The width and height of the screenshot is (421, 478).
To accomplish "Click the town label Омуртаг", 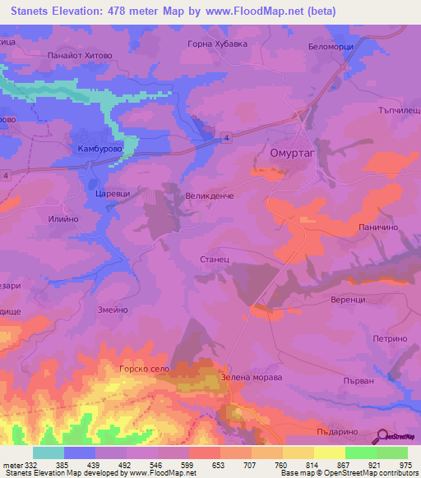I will point(293,153).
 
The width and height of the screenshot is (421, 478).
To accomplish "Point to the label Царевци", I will point(113,190).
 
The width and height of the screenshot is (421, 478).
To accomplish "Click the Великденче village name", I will point(210,196).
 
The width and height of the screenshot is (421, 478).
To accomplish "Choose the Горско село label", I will point(144,370).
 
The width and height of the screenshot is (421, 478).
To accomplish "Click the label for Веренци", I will point(349,300).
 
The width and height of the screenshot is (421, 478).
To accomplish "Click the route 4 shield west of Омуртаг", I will point(225,140).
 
